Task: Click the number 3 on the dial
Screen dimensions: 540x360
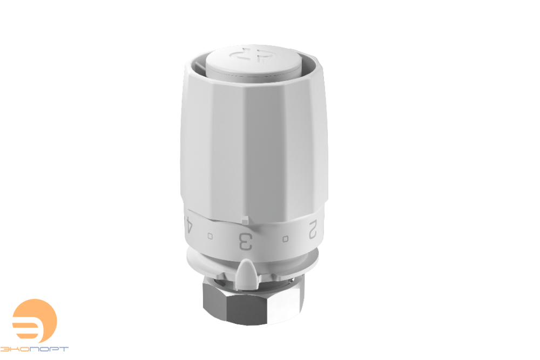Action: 246,242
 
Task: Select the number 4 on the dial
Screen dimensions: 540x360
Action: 188,225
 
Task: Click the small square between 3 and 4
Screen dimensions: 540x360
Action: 210,236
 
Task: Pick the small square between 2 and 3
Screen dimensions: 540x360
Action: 285,239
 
